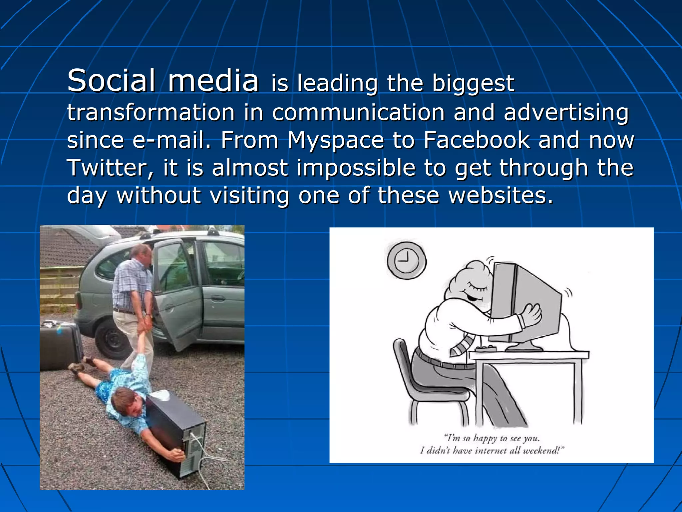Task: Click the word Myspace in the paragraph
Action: pyautogui.click(x=335, y=140)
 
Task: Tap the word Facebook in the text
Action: pyautogui.click(x=477, y=140)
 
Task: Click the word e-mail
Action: pyautogui.click(x=172, y=140)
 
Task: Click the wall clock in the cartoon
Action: pyautogui.click(x=407, y=260)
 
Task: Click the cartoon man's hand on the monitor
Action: pyautogui.click(x=531, y=315)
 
